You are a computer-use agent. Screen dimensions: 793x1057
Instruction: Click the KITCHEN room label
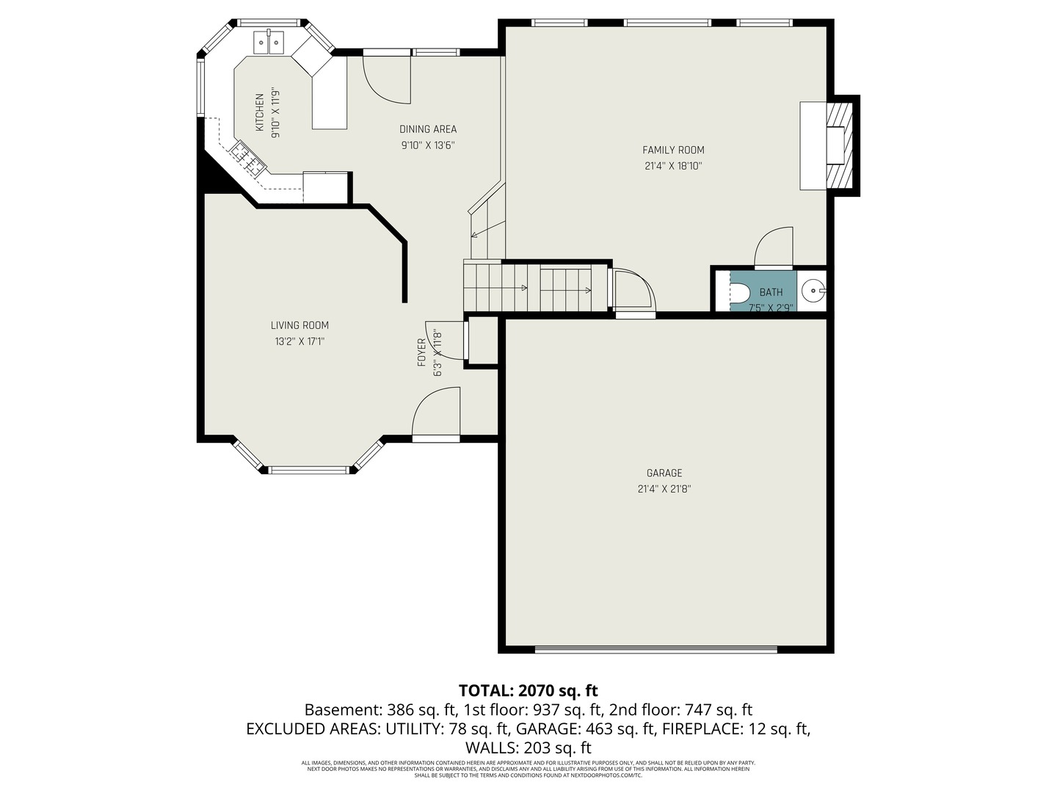pos(259,113)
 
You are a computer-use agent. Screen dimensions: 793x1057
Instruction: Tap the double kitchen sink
pos(269,43)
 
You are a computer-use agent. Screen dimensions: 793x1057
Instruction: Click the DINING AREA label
pos(428,129)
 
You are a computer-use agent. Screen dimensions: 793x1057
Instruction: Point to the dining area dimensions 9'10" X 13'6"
pos(428,145)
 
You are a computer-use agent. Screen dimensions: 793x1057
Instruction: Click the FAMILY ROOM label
pos(673,150)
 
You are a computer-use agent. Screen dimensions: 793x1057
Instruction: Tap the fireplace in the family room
pos(837,145)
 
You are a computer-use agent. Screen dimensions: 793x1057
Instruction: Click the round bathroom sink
pos(812,292)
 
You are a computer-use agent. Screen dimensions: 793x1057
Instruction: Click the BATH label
pos(771,292)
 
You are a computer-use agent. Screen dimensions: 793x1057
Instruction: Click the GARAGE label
pos(664,473)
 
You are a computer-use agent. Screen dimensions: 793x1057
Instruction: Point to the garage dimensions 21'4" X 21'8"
pos(664,489)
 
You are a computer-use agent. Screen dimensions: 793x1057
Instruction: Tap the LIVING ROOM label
pos(299,325)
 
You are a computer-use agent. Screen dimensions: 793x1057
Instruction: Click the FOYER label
pos(421,352)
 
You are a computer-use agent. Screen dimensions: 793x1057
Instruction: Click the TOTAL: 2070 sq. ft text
pos(528,690)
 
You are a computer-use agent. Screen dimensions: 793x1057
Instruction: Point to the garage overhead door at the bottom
pos(655,649)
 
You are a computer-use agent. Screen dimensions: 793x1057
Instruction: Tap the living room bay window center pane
pos(308,469)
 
